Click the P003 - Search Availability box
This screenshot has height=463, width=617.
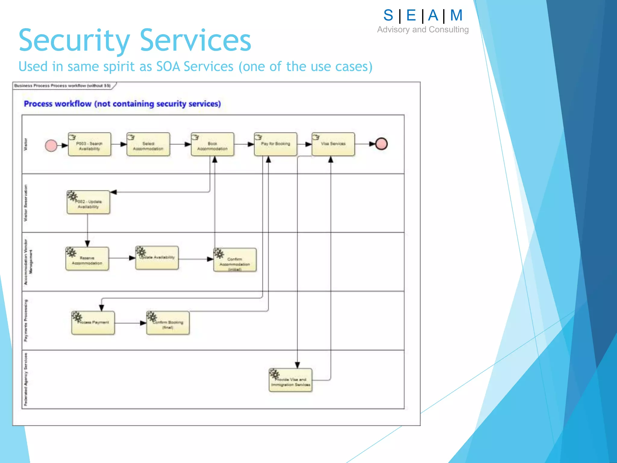click(x=89, y=144)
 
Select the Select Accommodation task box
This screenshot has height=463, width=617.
click(x=148, y=144)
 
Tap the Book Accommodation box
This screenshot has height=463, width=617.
click(x=212, y=144)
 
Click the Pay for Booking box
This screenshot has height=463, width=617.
click(x=275, y=144)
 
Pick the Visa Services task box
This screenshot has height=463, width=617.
click(x=333, y=144)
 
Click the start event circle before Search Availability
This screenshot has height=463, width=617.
click(x=51, y=146)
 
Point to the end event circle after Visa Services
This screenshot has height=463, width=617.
click(x=381, y=144)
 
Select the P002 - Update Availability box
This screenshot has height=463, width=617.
click(x=88, y=203)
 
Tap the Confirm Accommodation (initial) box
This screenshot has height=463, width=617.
click(x=235, y=260)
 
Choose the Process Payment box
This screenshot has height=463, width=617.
click(x=93, y=323)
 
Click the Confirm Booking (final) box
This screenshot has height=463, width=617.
click(x=168, y=323)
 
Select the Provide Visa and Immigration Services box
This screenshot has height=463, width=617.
click(x=290, y=380)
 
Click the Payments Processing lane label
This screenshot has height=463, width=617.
click(x=26, y=320)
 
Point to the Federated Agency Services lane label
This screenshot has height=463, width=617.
click(x=26, y=379)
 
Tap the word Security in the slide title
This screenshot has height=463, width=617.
click(x=74, y=41)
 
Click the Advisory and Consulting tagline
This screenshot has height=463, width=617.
click(x=423, y=30)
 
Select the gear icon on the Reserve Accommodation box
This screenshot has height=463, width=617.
click(x=71, y=252)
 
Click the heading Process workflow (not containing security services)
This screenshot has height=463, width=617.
click(x=122, y=104)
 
